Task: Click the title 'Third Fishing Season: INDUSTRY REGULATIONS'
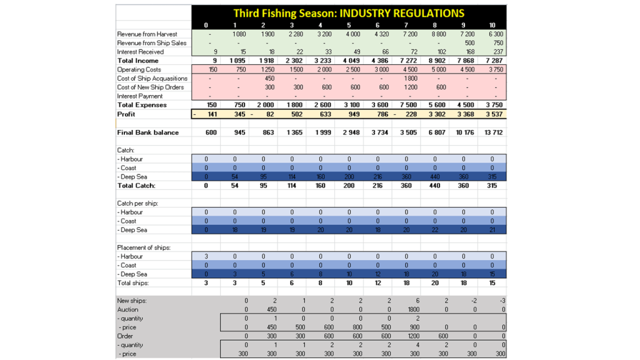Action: coord(349,13)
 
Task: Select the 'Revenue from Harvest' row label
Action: coord(147,34)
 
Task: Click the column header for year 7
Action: coord(406,25)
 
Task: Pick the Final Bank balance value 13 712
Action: coord(492,132)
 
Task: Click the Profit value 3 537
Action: coord(492,114)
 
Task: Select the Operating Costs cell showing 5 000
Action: coord(436,69)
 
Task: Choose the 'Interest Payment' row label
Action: coord(140,96)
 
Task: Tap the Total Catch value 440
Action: coord(435,186)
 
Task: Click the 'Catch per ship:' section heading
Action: coord(137,204)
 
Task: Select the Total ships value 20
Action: coord(435,283)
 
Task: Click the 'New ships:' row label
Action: coord(131,301)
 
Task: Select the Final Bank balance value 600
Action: coord(206,132)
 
